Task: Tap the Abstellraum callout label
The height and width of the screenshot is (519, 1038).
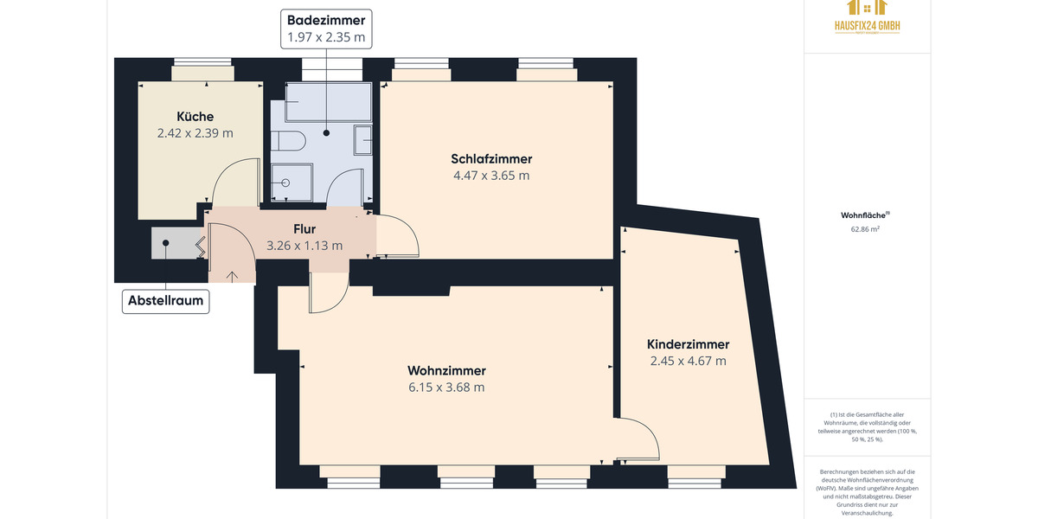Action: pos(165,301)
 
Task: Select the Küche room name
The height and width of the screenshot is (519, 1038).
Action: pos(195,117)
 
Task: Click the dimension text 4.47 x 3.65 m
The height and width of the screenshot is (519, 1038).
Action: pos(491,176)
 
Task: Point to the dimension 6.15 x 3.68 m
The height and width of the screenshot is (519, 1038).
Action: pos(446,388)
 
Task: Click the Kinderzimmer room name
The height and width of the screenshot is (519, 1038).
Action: pos(688,344)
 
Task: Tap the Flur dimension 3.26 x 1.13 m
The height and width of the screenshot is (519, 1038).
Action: pos(304,246)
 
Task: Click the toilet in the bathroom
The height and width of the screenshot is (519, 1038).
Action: pos(287,141)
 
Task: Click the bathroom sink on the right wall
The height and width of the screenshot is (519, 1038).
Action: pos(363,140)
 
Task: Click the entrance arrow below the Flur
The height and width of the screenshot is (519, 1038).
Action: pos(232,276)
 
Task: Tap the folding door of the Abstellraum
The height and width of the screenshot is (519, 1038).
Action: pos(201,247)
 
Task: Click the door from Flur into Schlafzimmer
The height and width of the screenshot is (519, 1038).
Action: pos(398,235)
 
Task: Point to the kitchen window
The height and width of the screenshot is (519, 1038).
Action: pos(202,73)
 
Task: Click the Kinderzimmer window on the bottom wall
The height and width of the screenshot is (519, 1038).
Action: pos(696,474)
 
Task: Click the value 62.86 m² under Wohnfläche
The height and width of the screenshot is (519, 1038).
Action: pos(866,229)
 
